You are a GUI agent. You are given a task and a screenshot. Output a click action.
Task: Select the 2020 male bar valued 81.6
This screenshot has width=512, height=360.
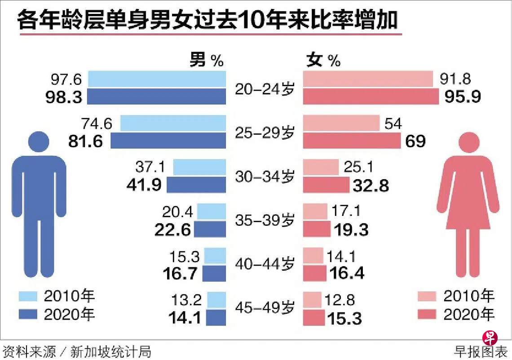tap(168, 140)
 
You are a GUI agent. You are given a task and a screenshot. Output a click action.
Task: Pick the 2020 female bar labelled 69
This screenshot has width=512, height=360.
tap(352, 140)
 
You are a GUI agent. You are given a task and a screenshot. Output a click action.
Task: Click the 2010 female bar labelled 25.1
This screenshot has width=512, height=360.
tap(321, 167)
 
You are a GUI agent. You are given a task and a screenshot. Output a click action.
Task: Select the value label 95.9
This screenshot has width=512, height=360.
tap(463, 97)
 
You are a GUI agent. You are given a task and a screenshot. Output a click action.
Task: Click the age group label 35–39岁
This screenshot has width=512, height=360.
tap(265, 221)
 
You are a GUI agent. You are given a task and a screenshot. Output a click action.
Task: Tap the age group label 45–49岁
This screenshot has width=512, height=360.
tap(265, 309)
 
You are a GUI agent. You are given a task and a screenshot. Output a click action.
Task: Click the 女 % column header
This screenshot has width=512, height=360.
tap(323, 60)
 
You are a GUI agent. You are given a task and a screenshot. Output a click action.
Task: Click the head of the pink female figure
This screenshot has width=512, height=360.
tap(466, 142)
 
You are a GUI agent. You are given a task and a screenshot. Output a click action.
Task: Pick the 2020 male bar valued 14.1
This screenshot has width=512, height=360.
tap(216, 317)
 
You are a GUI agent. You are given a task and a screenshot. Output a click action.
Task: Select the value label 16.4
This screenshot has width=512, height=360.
tap(346, 273)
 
